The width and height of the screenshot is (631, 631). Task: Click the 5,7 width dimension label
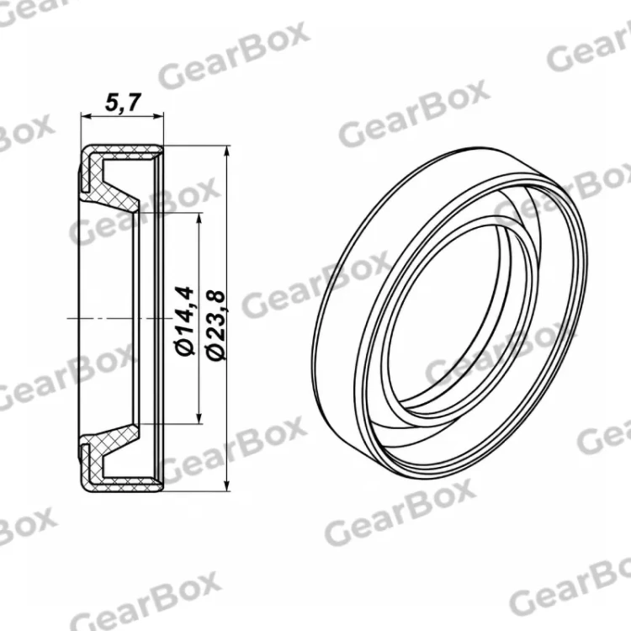[x=123, y=103]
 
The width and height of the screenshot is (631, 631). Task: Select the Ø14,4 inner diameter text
[x=185, y=321]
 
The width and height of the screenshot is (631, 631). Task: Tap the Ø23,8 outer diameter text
[x=215, y=325]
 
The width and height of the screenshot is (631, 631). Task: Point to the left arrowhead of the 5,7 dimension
[x=86, y=116]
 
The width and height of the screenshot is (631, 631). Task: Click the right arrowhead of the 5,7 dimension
[x=158, y=116]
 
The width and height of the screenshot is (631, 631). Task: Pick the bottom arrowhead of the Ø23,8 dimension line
[x=227, y=485]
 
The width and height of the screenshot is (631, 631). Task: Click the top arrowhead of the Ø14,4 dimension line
[x=199, y=220]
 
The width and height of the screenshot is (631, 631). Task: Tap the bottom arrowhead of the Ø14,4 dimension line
[x=199, y=417]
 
